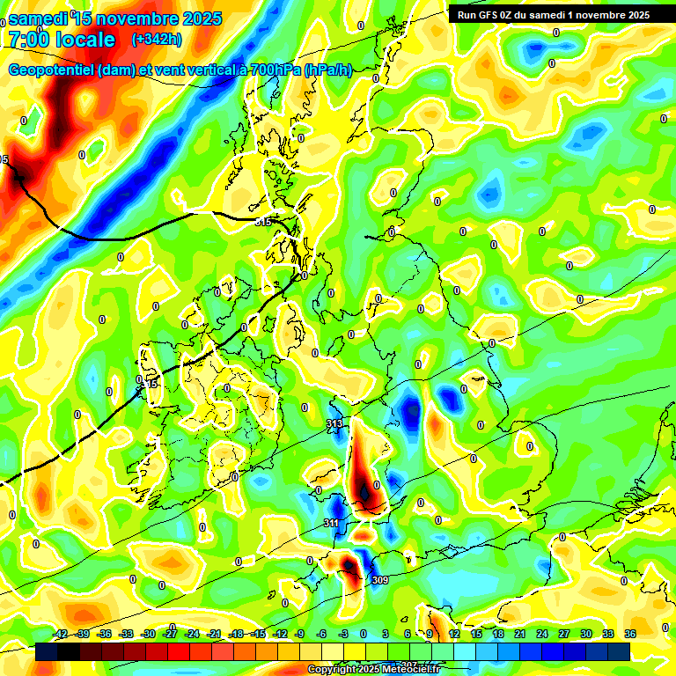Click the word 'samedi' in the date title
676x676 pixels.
[x=39, y=18]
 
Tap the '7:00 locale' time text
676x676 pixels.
[x=62, y=40]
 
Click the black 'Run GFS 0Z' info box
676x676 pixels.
[x=554, y=15]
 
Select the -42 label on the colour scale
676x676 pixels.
[x=61, y=634]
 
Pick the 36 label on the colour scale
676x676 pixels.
[x=630, y=634]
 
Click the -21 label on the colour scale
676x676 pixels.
[x=214, y=634]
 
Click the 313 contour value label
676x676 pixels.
[x=334, y=424]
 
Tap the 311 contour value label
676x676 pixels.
[x=331, y=524]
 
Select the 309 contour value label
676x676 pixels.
[x=379, y=580]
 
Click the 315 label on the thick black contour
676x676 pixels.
[x=263, y=223]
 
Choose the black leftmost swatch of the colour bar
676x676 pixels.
[x=47, y=651]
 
